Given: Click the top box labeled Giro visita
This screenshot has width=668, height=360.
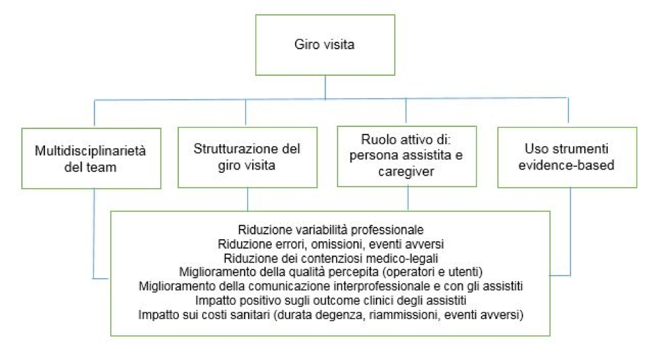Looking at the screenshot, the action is click(x=325, y=45).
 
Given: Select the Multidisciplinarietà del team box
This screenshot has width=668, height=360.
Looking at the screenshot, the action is click(x=91, y=158).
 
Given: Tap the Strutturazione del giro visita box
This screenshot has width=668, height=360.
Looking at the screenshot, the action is click(x=247, y=157).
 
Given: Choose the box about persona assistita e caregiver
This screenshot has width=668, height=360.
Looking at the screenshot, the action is click(x=407, y=156).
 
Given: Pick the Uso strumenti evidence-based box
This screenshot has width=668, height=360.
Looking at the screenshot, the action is click(x=567, y=157).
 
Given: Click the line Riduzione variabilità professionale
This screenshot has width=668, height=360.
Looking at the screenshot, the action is click(x=331, y=230).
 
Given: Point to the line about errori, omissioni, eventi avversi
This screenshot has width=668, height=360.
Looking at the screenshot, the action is click(x=331, y=244).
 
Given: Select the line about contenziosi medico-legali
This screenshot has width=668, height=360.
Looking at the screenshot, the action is click(x=331, y=258).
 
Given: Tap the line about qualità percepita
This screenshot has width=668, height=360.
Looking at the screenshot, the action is click(x=331, y=272).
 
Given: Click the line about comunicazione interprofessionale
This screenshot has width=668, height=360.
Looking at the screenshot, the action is click(x=331, y=286).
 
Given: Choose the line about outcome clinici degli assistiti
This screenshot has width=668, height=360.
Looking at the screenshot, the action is click(x=331, y=301).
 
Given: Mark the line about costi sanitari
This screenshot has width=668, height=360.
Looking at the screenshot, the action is click(x=331, y=315).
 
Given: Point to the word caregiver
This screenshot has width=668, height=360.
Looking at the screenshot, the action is click(x=406, y=171).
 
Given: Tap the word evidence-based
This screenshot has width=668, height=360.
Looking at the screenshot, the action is click(x=566, y=165).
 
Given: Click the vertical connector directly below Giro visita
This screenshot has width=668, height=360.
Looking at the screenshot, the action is click(x=326, y=87).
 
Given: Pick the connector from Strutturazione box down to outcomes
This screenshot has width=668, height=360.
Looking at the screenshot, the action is click(x=247, y=199).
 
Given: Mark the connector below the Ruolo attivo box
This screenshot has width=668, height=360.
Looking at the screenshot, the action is click(x=408, y=199).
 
